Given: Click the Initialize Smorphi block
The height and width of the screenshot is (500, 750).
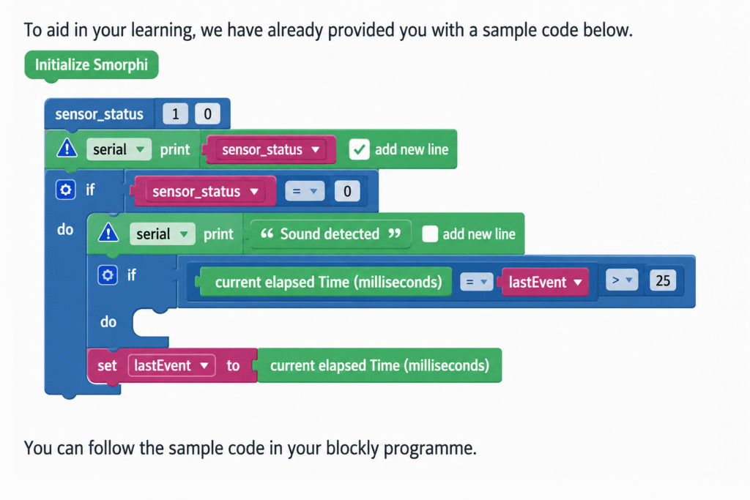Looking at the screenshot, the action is point(92,65).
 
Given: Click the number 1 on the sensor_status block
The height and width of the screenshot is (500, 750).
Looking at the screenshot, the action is point(175,113).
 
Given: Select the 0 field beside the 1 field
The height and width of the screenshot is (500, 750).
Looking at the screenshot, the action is point(207,113).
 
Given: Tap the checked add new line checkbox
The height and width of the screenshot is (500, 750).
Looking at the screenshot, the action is point(359,149).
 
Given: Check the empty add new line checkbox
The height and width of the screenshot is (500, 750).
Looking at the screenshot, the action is point(429,234).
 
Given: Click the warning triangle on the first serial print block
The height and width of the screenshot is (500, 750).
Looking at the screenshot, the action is point(67,148).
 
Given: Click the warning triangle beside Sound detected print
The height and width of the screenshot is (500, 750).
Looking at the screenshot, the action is point(108,233).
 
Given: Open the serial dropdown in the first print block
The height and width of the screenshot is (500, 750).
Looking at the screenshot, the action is point(119,149).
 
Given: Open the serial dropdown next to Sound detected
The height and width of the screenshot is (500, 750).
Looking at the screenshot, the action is point(162,234).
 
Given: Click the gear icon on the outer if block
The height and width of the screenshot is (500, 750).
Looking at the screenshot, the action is point(65,190).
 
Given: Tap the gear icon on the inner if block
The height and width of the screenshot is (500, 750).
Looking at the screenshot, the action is point(108,275).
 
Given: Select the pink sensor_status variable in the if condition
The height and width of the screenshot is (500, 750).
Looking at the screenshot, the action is point(205,191).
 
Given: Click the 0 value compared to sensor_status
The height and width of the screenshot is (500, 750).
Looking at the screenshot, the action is point(347,191).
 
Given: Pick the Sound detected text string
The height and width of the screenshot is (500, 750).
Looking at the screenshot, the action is point(330,234).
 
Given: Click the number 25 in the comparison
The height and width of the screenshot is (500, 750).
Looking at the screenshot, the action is point(662,280).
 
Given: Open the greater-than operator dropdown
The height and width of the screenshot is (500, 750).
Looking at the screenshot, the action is point(622,280).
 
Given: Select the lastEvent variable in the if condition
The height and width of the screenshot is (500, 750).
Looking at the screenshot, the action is point(545,282).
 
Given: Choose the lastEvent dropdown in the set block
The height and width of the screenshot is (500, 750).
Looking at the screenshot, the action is point(171,366).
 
